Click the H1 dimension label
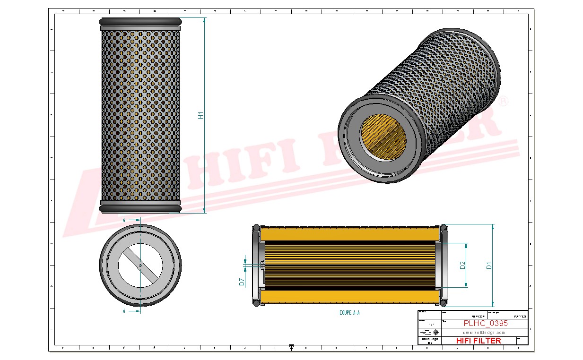(x=200, y=115)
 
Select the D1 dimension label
(x=489, y=266)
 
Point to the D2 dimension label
(x=462, y=266)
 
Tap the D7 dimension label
(x=241, y=282)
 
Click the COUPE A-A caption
(x=349, y=313)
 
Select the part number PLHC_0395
(x=486, y=324)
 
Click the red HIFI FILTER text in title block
(x=478, y=341)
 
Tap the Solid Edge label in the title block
(x=429, y=339)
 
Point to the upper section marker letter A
(x=124, y=220)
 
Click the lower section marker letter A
(x=124, y=311)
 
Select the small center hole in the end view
(x=140, y=265)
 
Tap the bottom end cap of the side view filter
(x=140, y=207)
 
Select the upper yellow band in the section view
(x=349, y=233)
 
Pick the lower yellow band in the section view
(x=349, y=297)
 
